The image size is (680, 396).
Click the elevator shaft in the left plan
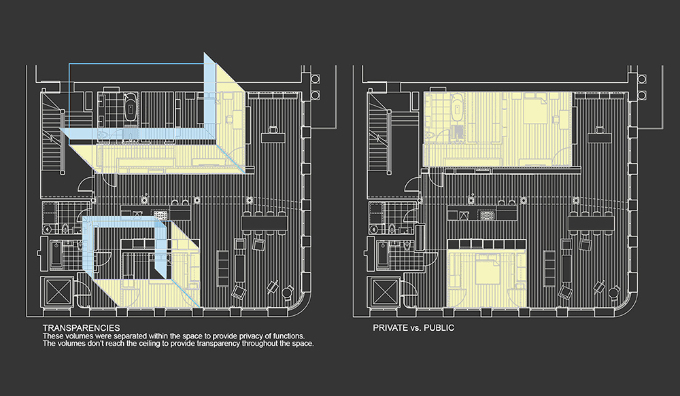[58, 293]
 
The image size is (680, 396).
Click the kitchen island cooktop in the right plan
[488, 215]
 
